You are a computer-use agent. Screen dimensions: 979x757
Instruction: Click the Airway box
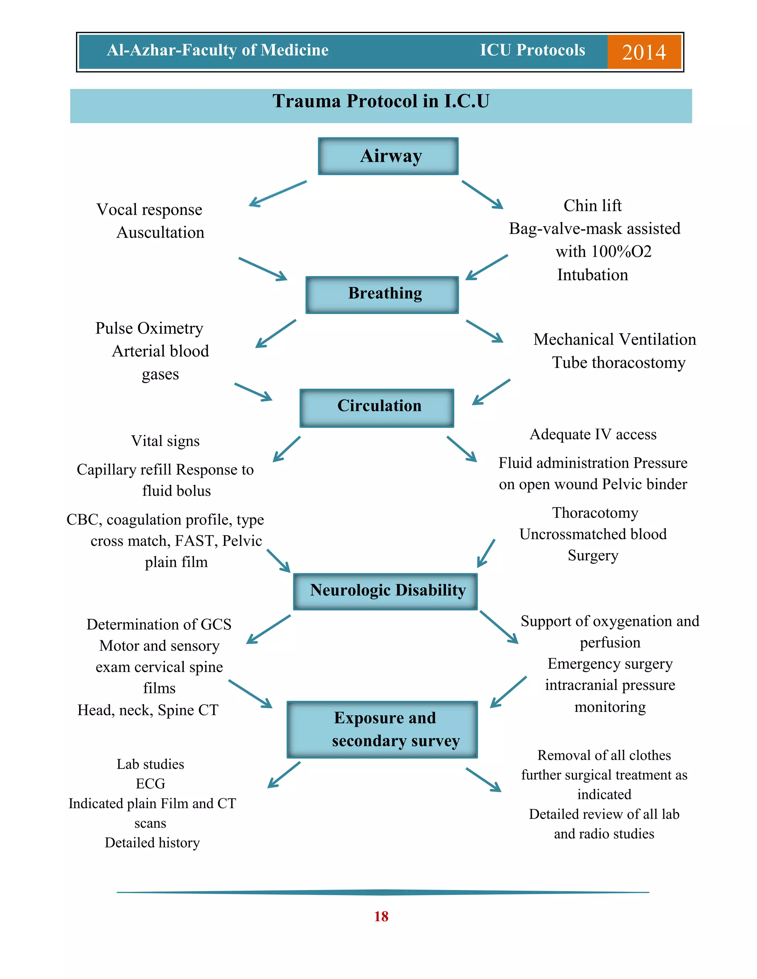click(388, 156)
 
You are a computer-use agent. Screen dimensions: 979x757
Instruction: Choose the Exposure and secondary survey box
click(383, 729)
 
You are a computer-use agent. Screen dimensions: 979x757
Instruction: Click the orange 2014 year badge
click(644, 52)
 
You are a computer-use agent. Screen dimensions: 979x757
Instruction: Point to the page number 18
click(381, 916)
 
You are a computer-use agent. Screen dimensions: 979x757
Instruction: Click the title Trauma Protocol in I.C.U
click(381, 101)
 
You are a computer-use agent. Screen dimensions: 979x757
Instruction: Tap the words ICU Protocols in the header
click(532, 50)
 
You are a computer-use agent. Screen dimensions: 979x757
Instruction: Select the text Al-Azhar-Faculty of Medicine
click(217, 50)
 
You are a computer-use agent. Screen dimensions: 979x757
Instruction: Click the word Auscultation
click(160, 233)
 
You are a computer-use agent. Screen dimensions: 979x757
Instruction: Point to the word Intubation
click(593, 275)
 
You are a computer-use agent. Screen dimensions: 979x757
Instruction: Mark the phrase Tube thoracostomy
click(618, 363)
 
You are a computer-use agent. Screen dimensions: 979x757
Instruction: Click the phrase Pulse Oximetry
click(149, 328)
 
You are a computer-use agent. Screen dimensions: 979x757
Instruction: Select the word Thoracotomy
click(595, 513)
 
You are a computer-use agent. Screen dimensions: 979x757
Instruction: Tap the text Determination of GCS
click(159, 624)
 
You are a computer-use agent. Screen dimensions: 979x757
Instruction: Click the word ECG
click(151, 784)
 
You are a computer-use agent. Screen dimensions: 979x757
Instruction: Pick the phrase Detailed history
click(152, 843)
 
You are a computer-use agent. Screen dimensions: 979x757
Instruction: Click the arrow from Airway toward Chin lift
click(482, 195)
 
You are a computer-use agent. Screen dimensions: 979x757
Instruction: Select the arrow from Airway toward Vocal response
click(278, 194)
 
